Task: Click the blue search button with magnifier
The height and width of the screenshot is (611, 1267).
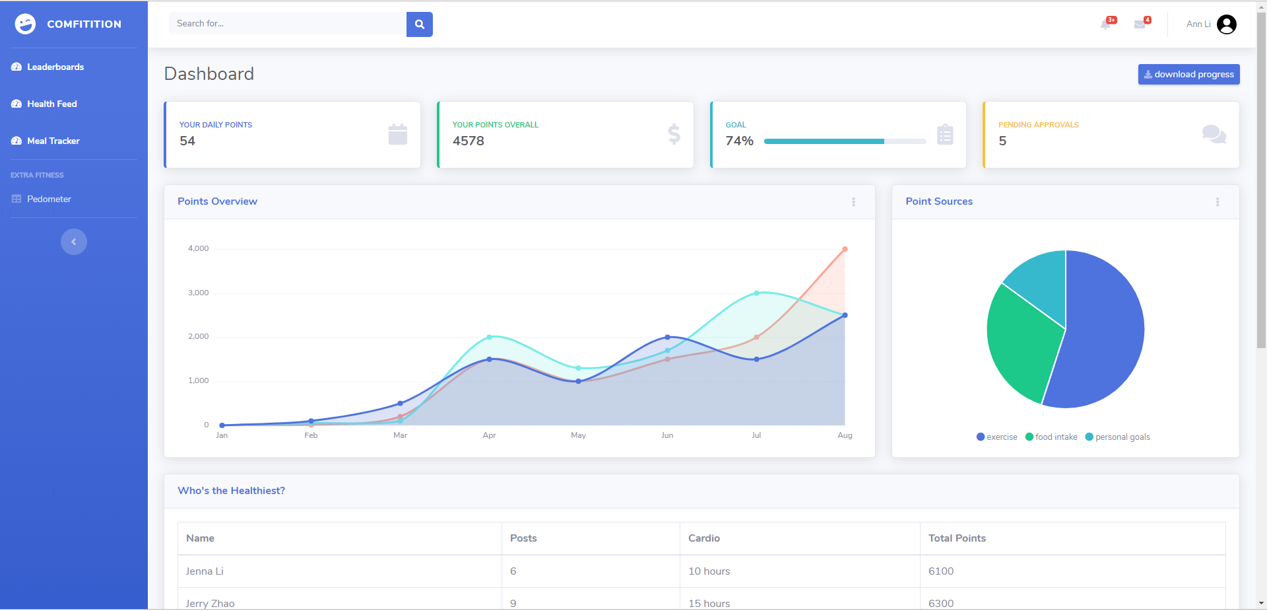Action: click(419, 24)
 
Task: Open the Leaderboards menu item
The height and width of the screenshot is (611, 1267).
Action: click(55, 67)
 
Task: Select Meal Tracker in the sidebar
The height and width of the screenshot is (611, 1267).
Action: click(53, 141)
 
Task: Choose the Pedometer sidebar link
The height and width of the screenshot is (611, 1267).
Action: click(49, 199)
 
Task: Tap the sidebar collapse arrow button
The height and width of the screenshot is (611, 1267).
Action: click(74, 242)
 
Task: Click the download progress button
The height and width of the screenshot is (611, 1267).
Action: click(1188, 74)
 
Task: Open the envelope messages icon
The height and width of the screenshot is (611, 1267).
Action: click(1140, 24)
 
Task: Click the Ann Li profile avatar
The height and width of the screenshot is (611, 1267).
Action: click(1226, 24)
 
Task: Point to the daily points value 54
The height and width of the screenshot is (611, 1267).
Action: click(187, 141)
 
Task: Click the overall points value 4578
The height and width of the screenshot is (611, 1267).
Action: click(469, 141)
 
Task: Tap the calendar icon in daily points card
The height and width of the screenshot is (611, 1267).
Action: click(397, 134)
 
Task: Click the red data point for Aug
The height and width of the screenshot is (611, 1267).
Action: click(845, 249)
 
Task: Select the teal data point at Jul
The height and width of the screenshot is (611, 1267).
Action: click(756, 293)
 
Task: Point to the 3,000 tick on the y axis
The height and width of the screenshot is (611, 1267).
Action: click(198, 293)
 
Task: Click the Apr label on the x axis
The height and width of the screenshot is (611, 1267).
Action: click(489, 435)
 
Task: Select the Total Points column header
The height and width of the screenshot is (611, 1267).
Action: click(957, 538)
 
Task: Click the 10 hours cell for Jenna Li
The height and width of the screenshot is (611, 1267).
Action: click(709, 571)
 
